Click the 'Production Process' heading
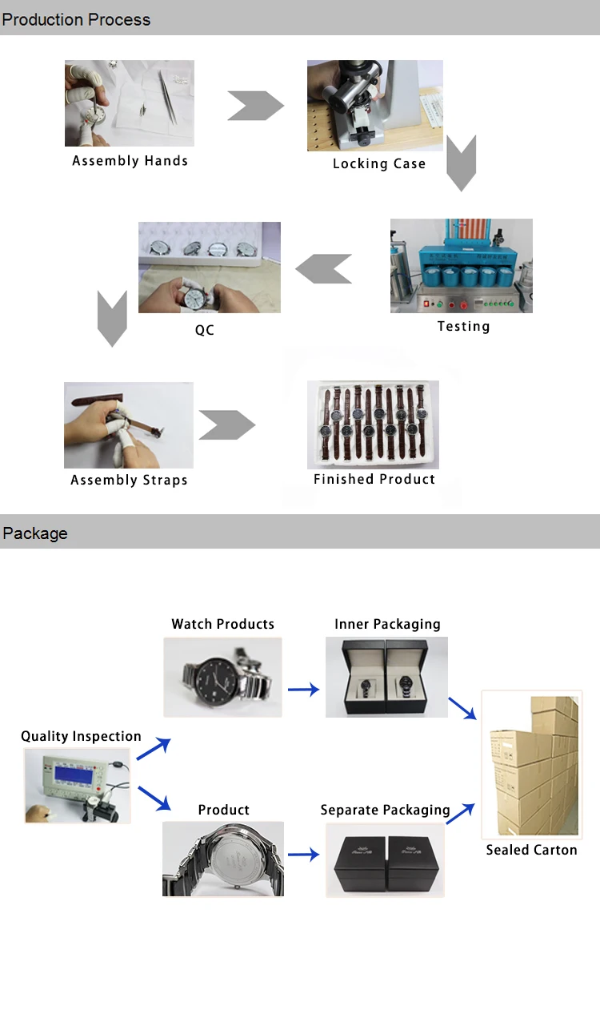76,19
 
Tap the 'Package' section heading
35,533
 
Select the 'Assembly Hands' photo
129,103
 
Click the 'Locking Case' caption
379,164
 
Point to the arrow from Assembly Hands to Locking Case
255,106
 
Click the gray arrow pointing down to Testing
461,163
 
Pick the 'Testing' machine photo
462,266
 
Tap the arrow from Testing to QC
324,268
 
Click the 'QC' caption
205,330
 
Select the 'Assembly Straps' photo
129,425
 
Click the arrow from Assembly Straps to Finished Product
227,425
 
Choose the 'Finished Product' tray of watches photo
373,424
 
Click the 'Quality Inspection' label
81,736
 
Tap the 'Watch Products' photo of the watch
223,677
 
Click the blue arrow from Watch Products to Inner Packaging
303,689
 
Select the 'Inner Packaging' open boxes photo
386,678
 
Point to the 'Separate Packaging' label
385,810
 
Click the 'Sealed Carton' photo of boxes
531,765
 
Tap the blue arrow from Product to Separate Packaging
303,855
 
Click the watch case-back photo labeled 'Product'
223,859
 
